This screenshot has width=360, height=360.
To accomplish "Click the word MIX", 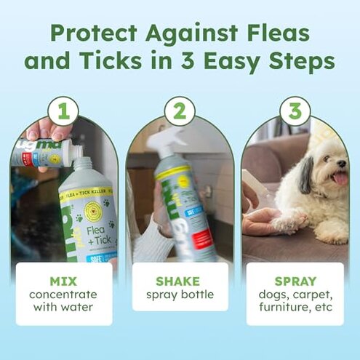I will [x=64, y=280].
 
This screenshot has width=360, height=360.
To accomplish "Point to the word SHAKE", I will [x=180, y=280].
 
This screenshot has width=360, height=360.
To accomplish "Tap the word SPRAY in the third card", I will [x=295, y=280].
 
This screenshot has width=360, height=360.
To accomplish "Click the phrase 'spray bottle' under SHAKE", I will [x=180, y=295].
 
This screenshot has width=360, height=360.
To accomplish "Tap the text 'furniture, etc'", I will [x=295, y=309].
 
